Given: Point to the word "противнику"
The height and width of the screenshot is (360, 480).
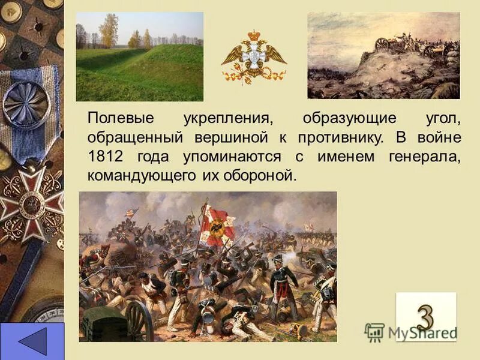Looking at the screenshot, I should pos(340,137).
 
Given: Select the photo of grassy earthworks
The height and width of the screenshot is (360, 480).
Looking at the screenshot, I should pos(139,57).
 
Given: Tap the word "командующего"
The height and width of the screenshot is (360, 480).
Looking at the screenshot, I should pos(142,176).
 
